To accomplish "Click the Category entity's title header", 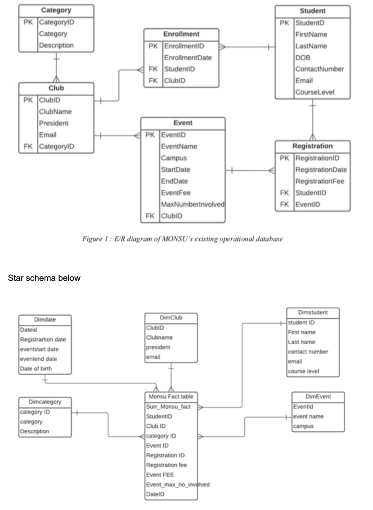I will coord(56,10).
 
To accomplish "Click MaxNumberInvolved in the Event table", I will coord(192,205).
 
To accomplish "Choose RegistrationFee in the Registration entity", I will coord(320,181).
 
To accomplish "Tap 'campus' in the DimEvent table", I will coord(303,427).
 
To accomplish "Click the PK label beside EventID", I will coord(150,135).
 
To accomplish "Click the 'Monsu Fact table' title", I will coord(170,397).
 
